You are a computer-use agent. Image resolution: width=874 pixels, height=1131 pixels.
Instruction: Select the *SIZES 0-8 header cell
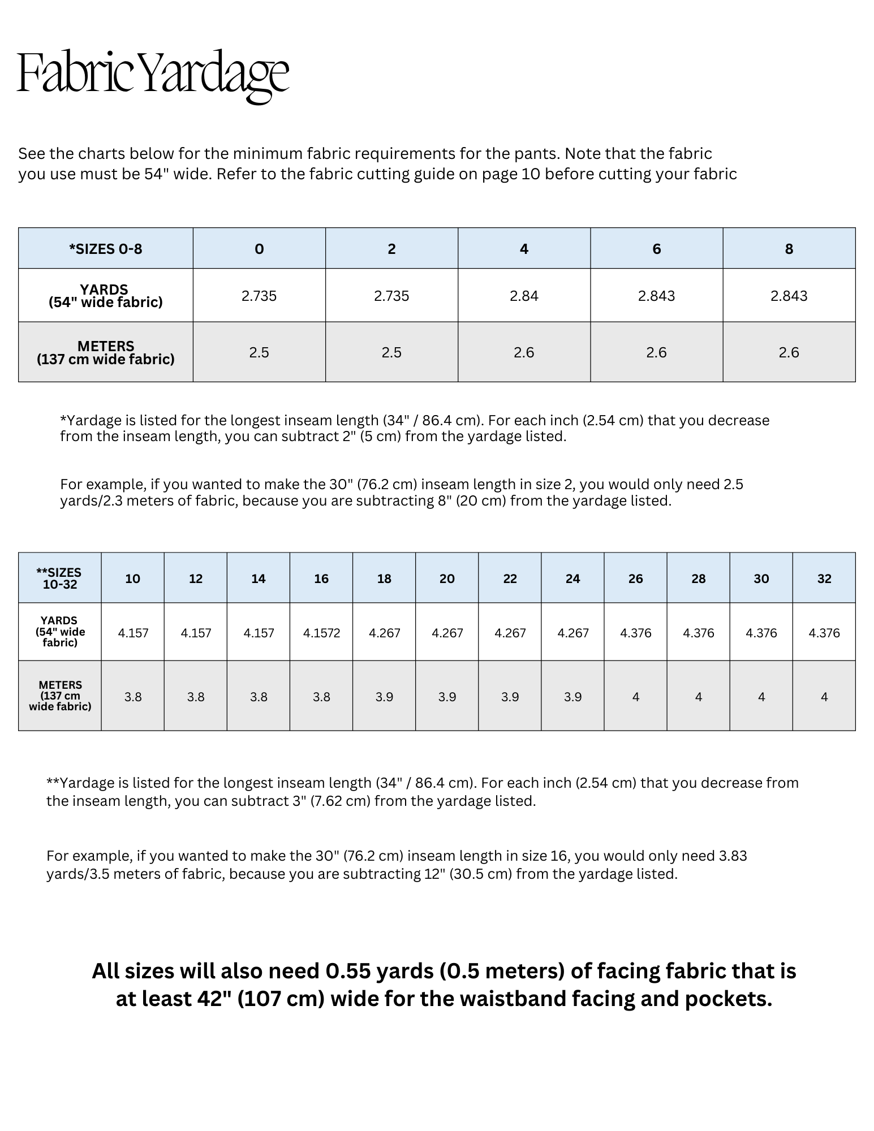106,249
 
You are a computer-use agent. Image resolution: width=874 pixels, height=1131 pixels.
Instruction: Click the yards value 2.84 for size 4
524,296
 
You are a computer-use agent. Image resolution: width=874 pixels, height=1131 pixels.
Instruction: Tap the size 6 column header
656,249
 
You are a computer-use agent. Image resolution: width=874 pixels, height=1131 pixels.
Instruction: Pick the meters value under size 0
259,352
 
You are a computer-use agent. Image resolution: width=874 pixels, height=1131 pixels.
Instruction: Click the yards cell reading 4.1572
321,633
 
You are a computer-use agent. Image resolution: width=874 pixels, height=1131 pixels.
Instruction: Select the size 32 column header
824,579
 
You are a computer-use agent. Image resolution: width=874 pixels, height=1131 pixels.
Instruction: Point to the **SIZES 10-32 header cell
59,579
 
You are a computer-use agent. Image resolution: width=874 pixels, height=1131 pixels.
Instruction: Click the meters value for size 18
384,697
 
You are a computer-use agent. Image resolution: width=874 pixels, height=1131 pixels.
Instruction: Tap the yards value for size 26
635,633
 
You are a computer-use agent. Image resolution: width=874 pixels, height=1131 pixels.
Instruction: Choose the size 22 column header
510,579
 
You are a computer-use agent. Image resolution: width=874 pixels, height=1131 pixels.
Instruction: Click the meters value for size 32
824,697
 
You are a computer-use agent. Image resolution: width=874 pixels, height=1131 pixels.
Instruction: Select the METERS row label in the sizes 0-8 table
106,352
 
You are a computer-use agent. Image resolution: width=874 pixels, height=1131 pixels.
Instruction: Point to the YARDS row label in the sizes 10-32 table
59,631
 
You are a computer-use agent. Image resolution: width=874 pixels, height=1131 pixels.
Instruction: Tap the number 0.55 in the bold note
348,971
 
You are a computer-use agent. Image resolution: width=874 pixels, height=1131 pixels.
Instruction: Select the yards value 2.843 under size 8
789,296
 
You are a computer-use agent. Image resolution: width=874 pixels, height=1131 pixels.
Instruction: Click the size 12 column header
196,579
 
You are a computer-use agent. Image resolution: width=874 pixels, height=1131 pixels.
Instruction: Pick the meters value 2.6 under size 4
524,352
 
